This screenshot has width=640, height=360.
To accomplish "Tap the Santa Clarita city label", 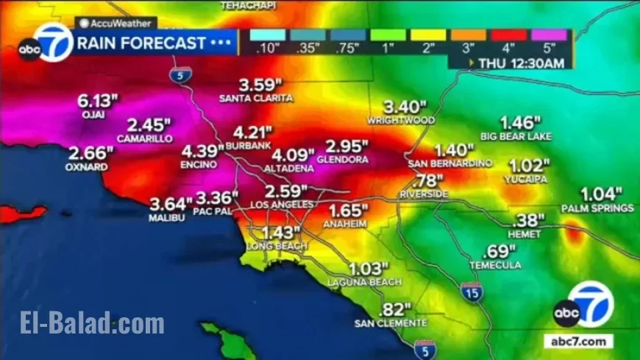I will click(256, 98).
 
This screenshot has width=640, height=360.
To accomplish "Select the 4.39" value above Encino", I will click(202, 152).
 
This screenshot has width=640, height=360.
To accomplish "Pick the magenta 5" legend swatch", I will click(550, 35).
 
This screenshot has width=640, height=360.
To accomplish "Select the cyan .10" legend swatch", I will click(266, 35).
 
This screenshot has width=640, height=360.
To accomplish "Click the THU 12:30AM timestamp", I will click(522, 63).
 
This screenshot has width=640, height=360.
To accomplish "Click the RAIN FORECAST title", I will click(140, 43).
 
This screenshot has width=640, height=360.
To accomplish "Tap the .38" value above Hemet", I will click(528, 220).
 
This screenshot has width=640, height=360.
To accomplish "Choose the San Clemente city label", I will click(390, 323).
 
